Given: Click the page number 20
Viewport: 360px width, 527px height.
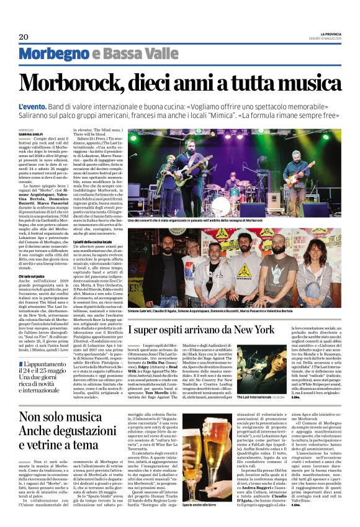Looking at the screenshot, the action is coord(24,37).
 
